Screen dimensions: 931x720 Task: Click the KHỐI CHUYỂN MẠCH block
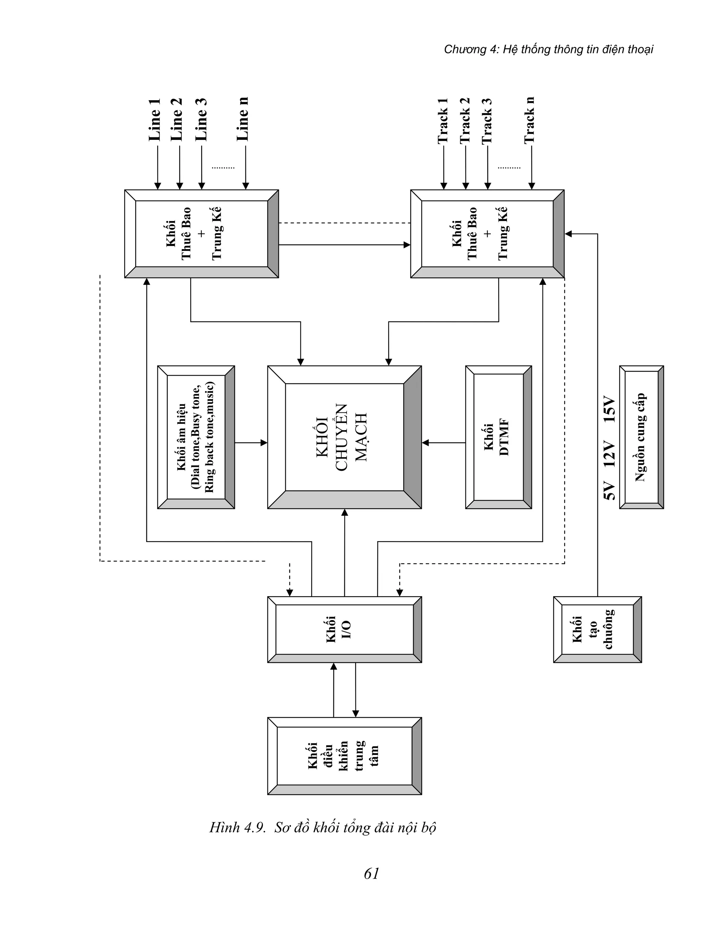[344, 437]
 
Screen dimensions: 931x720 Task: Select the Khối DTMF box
[498, 437]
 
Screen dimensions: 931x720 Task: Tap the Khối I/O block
[344, 629]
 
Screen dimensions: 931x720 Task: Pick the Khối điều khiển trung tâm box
[344, 756]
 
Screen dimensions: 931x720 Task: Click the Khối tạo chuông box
[597, 629]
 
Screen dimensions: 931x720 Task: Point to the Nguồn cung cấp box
[641, 437]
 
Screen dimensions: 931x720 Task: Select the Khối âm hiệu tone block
[196, 437]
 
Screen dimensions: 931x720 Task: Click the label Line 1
[154, 120]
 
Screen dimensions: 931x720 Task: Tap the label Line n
[242, 119]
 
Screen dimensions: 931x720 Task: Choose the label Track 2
[464, 121]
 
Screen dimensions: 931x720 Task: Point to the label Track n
[529, 121]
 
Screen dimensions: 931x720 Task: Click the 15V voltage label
[610, 410]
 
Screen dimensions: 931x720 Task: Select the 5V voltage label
[610, 491]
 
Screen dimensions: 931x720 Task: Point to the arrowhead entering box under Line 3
[202, 186]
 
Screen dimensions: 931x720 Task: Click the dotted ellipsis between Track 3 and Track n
[509, 168]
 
